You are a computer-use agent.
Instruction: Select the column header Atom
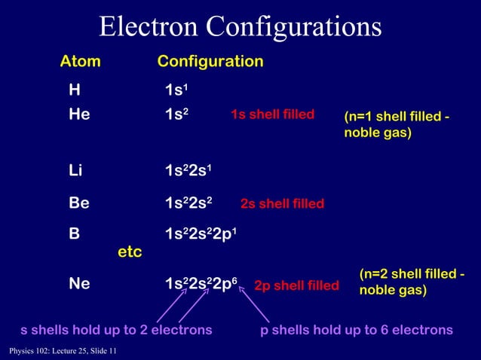[81, 62]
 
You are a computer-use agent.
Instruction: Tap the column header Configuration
[210, 62]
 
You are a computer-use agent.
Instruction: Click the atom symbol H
[74, 91]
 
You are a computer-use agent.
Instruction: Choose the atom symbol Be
[79, 203]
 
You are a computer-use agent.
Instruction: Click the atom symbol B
[74, 233]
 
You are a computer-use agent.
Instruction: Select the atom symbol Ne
[79, 284]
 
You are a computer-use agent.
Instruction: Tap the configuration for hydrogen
[177, 91]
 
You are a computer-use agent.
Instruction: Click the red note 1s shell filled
[272, 115]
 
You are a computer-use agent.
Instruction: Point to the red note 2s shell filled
[282, 203]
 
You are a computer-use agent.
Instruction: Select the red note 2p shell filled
[296, 286]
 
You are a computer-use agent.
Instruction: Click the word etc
[130, 251]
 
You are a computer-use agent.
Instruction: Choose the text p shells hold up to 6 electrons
[357, 330]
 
